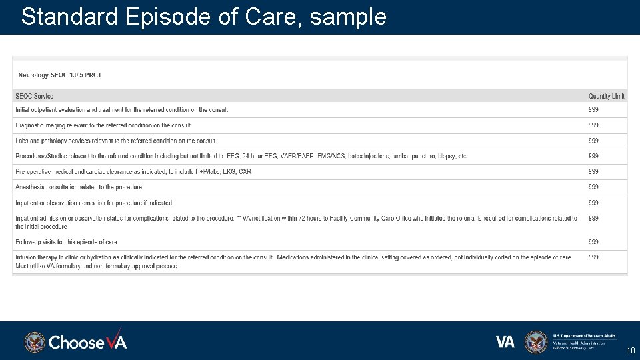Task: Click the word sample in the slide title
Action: pos(348,17)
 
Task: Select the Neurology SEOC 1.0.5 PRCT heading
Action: pos(60,75)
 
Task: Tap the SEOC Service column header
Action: pos(35,96)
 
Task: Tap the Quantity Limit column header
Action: pos(606,96)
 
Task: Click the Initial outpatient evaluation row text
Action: pos(122,110)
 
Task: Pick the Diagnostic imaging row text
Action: pos(103,125)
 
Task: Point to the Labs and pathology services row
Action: pos(115,141)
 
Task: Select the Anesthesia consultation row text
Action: pos(79,187)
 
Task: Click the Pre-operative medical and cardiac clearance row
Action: pos(133,172)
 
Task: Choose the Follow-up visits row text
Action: pos(67,242)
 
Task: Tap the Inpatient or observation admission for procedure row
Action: pos(94,203)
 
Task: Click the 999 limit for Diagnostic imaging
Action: pos(593,125)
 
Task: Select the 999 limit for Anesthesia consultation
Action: pos(593,187)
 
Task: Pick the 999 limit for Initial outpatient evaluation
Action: pos(593,110)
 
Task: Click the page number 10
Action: pos(631,351)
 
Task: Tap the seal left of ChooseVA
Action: pos(35,342)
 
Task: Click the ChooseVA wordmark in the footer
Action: pos(87,342)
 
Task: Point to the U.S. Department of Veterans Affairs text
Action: pos(585,335)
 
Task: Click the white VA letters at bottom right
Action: pos(505,342)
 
